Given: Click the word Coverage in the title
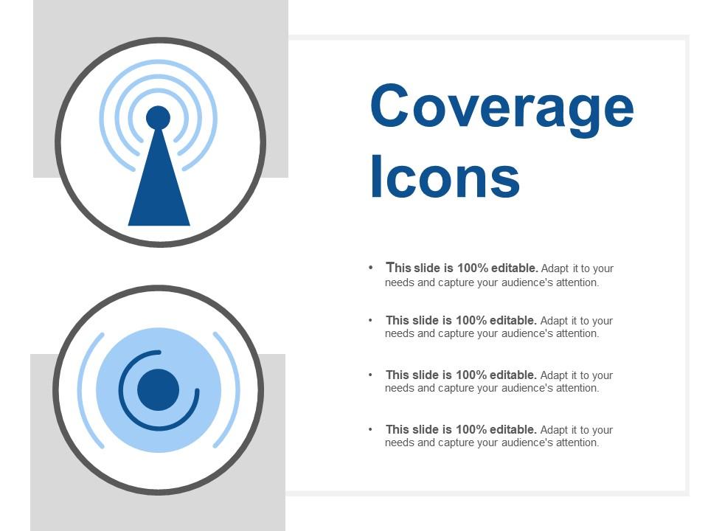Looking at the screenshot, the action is pos(502,110).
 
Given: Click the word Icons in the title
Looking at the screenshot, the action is pos(445,176).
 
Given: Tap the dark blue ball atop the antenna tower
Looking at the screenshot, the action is pos(158,118).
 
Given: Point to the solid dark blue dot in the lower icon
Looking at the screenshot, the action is pos(158,389).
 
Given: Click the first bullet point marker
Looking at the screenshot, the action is pos(371,267).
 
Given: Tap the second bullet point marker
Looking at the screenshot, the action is pos(371,320).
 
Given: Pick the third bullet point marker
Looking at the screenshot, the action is pos(371,375).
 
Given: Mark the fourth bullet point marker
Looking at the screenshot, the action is pos(371,429).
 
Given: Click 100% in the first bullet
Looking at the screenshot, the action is pos(472,268).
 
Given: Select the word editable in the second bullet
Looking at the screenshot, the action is pos(513,320).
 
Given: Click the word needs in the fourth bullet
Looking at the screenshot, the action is pos(400,442).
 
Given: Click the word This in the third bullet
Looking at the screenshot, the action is pos(397,375).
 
